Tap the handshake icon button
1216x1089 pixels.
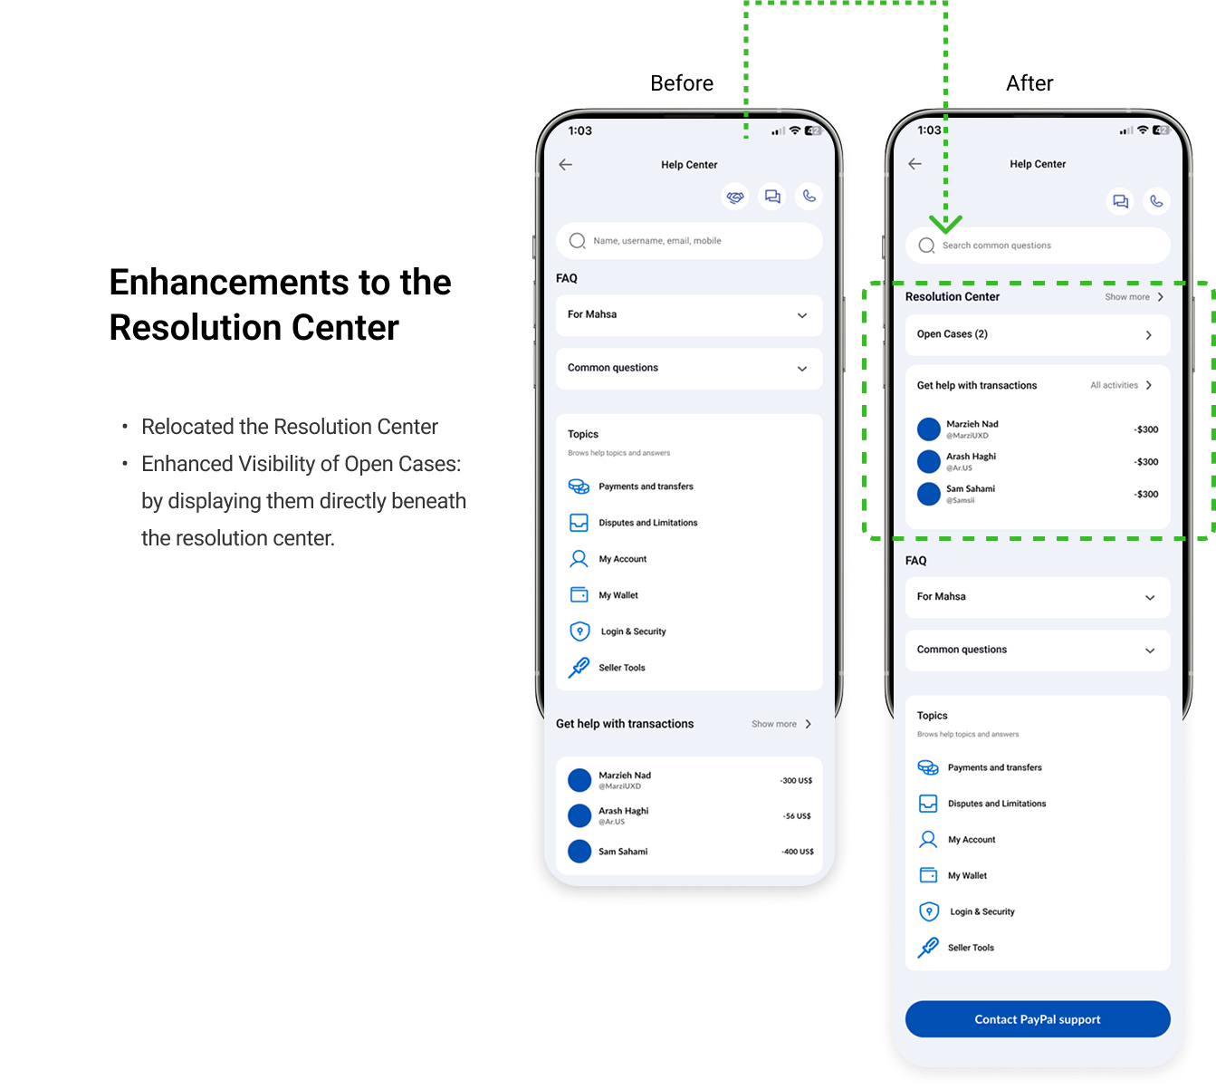[x=735, y=197]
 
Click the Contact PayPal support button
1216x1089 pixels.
[x=1038, y=1019]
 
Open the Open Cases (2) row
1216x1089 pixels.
[x=1038, y=334]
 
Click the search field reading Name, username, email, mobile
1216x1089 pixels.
[x=689, y=241]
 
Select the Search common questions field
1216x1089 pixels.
[x=1038, y=246]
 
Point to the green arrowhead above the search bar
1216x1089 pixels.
[x=945, y=224]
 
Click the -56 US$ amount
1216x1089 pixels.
[x=797, y=816]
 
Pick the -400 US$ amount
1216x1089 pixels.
[x=797, y=852]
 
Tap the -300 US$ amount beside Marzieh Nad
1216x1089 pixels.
[x=796, y=780]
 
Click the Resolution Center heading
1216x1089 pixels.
[x=953, y=297]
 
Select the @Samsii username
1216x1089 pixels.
[x=961, y=500]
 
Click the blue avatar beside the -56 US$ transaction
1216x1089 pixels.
[x=579, y=815]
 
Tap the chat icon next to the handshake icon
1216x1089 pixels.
[x=772, y=197]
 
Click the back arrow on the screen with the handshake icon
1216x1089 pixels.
[x=566, y=165]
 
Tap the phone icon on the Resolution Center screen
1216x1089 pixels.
[x=1156, y=201]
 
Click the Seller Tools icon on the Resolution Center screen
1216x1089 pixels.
[x=928, y=948]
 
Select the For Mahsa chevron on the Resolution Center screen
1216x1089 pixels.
[x=1150, y=598]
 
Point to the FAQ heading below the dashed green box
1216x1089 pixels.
[x=916, y=561]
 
